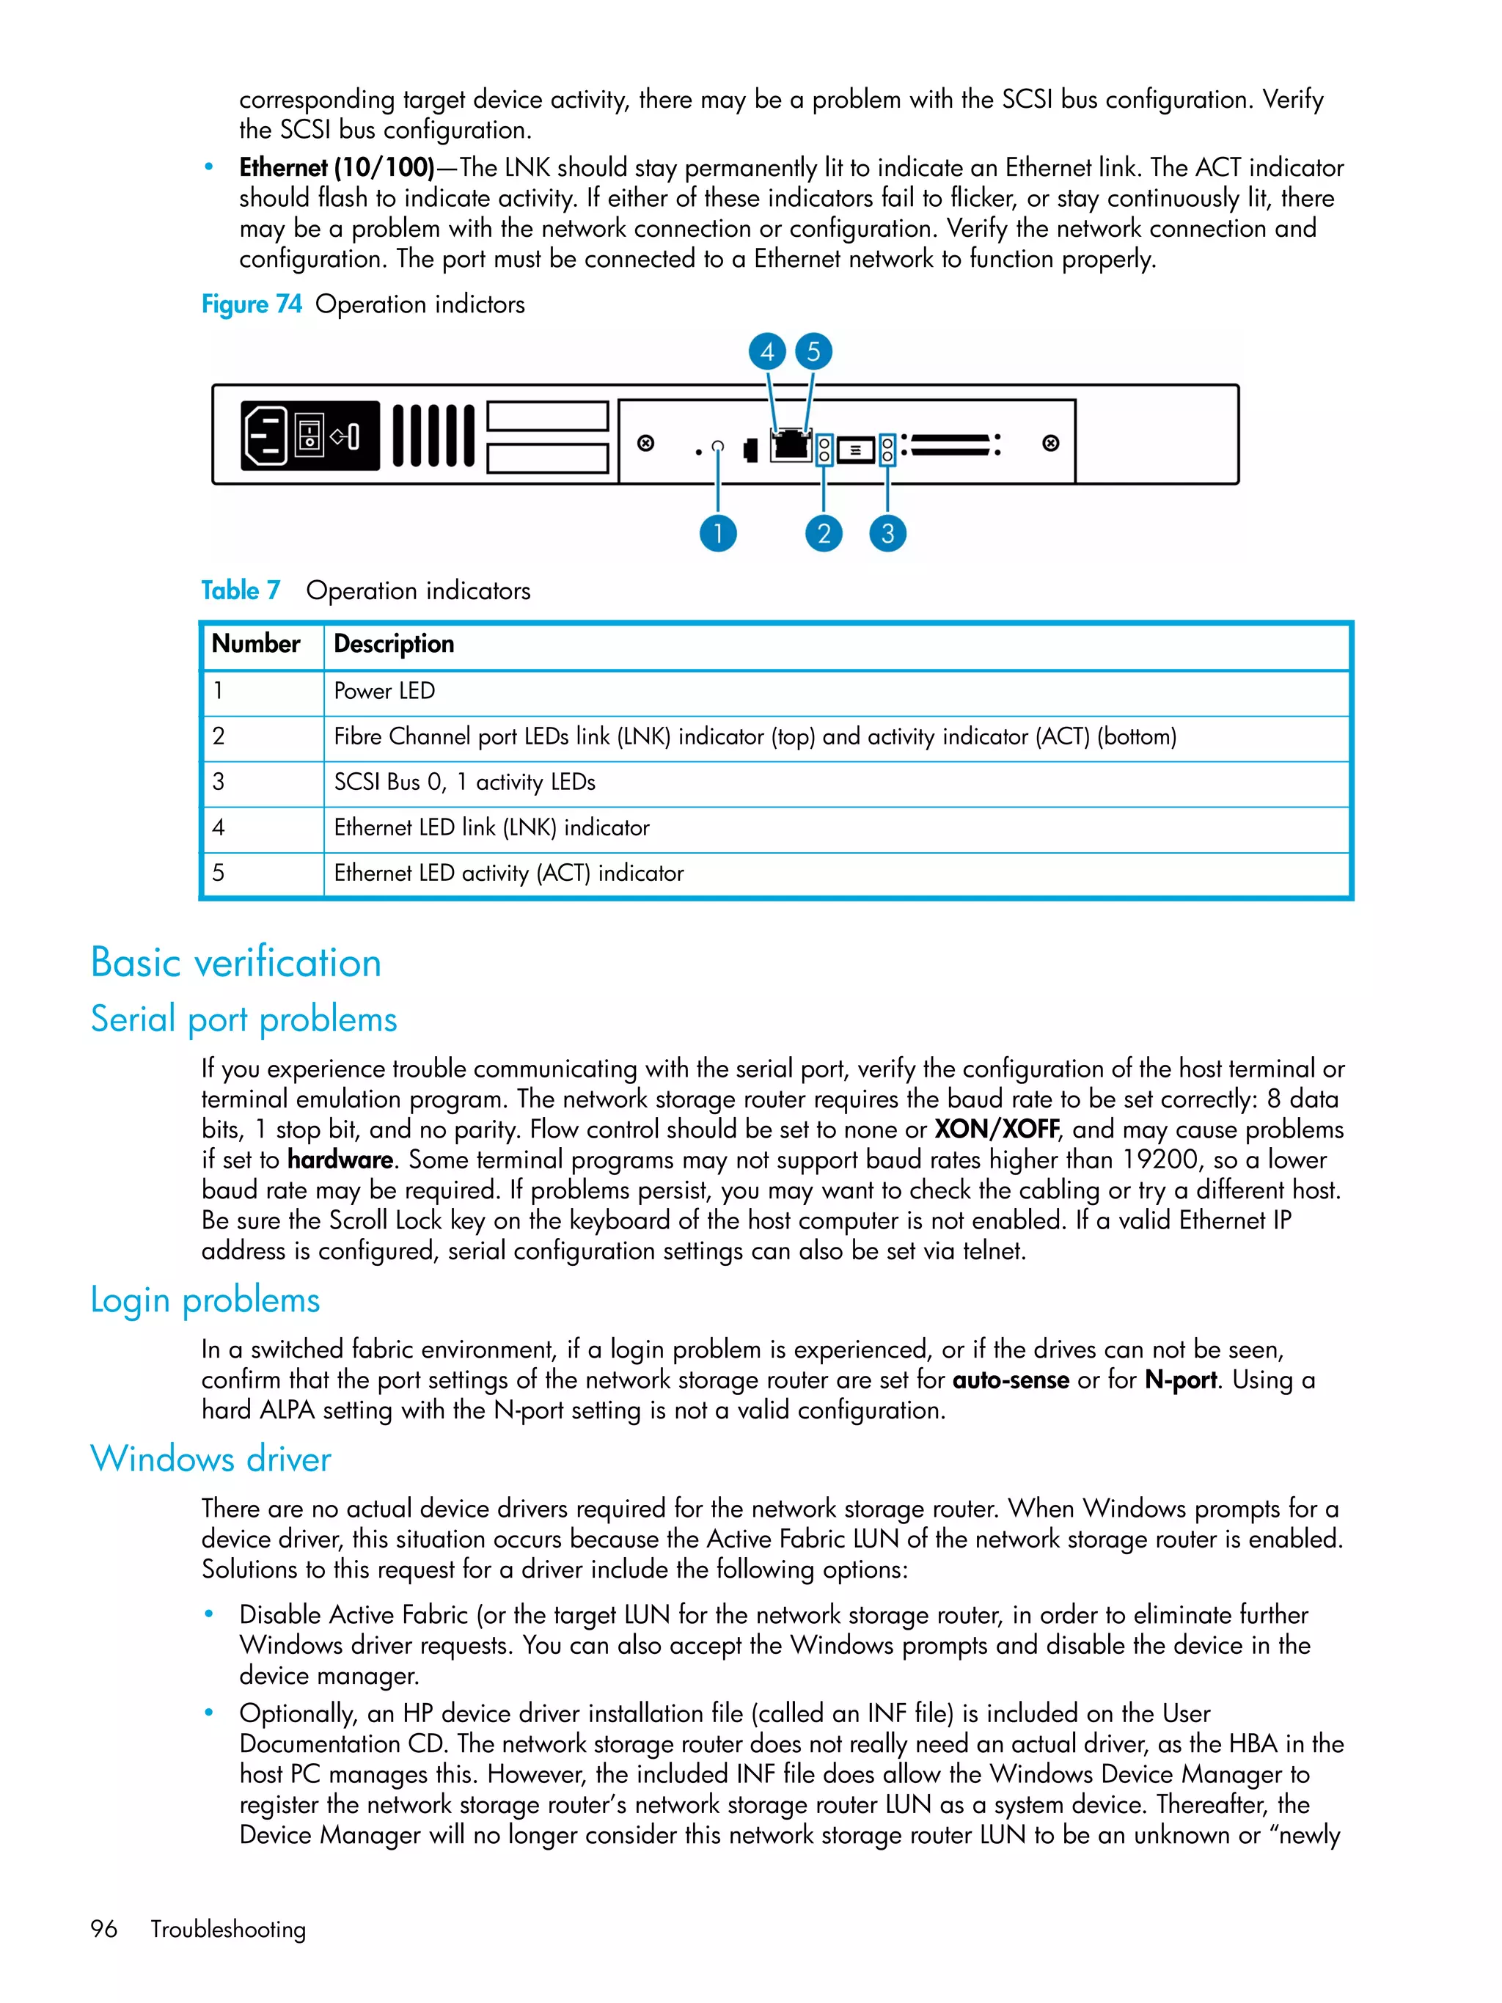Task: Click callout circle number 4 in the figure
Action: coord(767,351)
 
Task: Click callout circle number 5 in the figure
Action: coord(813,351)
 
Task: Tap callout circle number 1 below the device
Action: coord(718,533)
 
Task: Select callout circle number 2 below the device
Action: coord(823,533)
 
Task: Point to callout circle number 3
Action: coord(887,533)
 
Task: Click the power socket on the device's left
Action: coord(265,436)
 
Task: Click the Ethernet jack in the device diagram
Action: coord(791,444)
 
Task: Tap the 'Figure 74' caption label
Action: coord(252,304)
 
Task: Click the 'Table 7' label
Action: coord(241,590)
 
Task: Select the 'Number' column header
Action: coord(255,644)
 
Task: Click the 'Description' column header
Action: coord(394,644)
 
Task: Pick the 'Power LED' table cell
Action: coord(384,691)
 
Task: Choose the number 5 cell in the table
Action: coord(219,873)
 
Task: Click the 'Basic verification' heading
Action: coord(236,962)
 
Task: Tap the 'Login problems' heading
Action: coord(205,1300)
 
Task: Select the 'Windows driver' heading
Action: coord(211,1460)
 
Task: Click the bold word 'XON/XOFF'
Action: coord(996,1129)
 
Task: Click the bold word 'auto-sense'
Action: coord(1011,1380)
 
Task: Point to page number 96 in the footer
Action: coord(104,1930)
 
